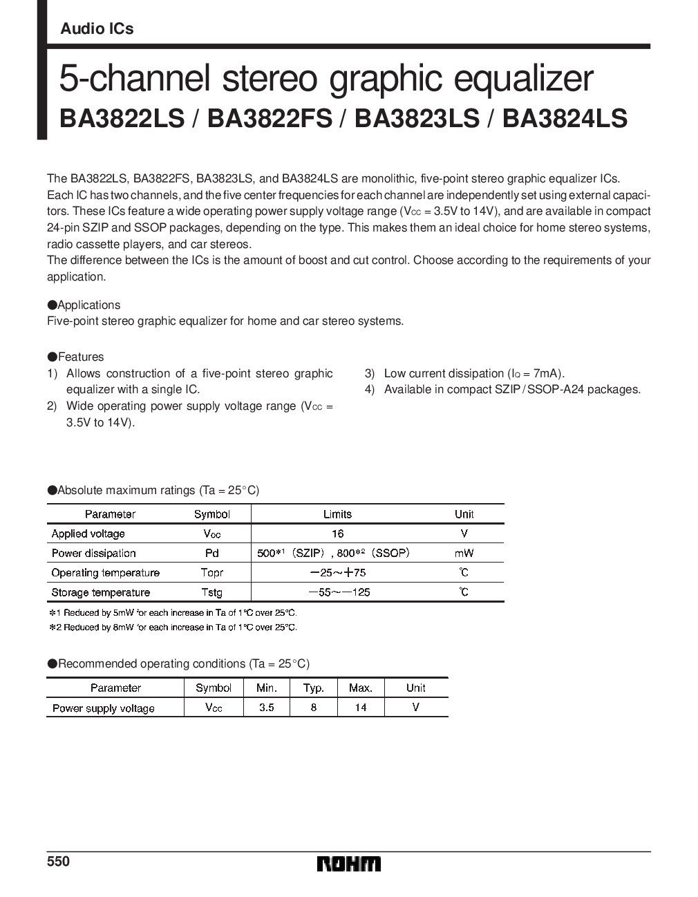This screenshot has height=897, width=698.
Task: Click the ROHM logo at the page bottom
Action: point(348,865)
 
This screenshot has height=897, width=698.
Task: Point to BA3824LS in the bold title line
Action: point(565,118)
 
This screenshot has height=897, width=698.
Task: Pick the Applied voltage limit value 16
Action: point(337,534)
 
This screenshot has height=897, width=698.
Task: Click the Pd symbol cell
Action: point(211,553)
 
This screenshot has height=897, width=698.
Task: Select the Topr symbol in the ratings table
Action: point(211,573)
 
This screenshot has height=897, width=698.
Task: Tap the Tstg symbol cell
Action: point(211,592)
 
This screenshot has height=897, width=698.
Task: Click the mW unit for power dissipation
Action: point(464,553)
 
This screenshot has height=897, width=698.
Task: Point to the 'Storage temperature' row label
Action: point(100,592)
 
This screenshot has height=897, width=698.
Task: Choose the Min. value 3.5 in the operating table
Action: point(266,708)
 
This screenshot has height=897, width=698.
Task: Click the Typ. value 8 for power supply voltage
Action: point(314,708)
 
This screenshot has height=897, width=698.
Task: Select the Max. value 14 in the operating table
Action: point(361,708)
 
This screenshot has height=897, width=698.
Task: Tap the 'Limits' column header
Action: point(337,514)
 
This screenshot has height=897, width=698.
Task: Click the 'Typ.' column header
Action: point(314,688)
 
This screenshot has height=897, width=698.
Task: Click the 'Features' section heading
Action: point(80,357)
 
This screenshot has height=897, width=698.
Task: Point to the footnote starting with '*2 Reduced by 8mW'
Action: point(173,627)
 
